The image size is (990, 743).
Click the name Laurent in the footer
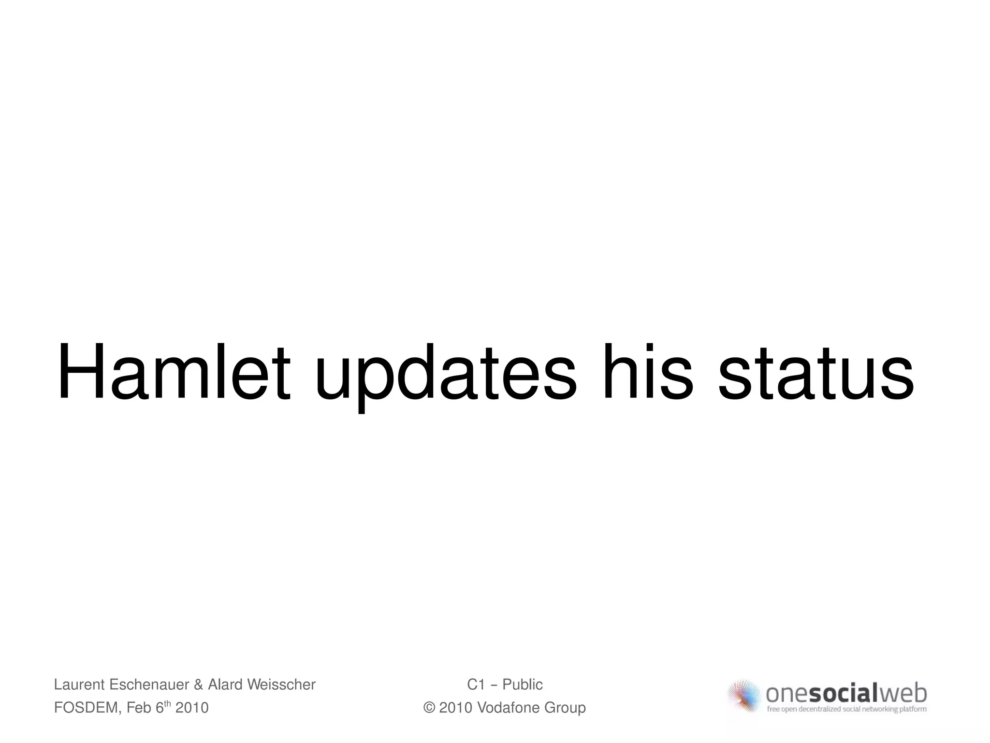click(x=79, y=685)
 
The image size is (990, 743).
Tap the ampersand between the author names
click(x=198, y=685)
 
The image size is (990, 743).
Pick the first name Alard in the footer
click(x=225, y=685)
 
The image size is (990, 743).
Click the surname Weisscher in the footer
click(x=281, y=685)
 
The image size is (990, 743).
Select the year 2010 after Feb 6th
click(x=192, y=708)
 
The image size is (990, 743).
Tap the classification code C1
click(x=476, y=685)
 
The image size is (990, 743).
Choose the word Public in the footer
click(x=523, y=685)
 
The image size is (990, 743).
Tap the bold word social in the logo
click(x=843, y=694)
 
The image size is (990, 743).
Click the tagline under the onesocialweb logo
click(x=846, y=709)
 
